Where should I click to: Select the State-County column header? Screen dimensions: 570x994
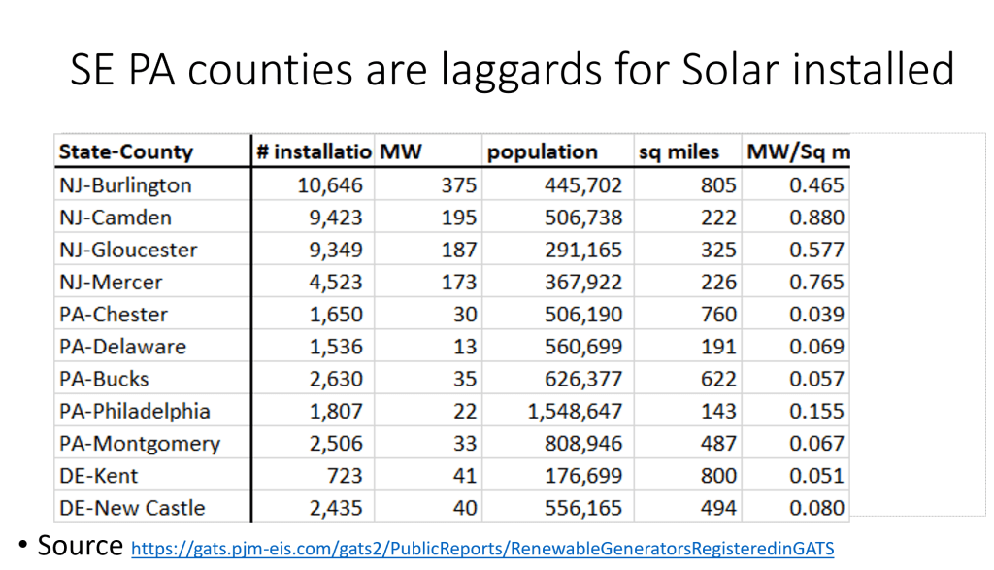(125, 152)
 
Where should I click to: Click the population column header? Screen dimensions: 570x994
(542, 152)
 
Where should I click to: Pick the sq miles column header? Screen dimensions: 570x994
(679, 152)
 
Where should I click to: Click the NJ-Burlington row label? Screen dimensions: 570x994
(125, 185)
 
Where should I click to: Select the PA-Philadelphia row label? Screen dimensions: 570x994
(134, 411)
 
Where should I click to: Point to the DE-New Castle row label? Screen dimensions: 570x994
(132, 508)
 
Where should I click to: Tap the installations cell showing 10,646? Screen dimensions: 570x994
(330, 185)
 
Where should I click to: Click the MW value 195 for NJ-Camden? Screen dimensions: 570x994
(458, 218)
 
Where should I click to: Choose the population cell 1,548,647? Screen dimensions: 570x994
(575, 411)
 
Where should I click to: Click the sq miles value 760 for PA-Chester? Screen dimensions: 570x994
(718, 315)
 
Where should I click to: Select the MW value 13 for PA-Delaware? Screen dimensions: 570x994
(464, 347)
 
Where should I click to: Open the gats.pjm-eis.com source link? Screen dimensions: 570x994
(481, 549)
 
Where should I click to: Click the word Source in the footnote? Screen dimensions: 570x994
(81, 545)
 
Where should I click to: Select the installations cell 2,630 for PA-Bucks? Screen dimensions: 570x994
(336, 379)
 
